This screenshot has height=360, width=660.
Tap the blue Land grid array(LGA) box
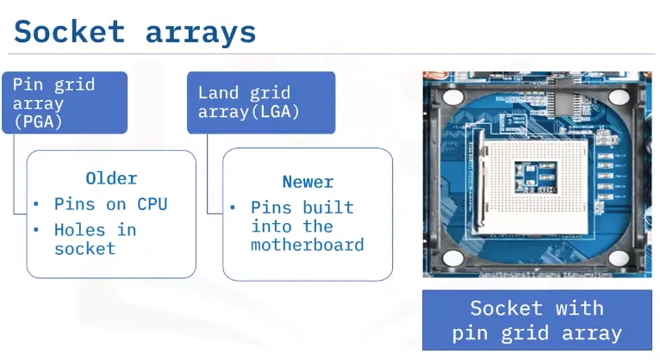click(248, 102)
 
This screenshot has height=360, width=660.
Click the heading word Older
click(111, 178)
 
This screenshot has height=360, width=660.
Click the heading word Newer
click(308, 182)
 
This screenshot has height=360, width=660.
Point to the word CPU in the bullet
click(152, 204)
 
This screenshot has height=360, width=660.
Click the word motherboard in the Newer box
click(308, 245)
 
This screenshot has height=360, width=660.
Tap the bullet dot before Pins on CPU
click(36, 205)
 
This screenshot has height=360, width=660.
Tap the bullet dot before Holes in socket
click(36, 230)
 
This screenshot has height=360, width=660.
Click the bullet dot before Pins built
click(233, 208)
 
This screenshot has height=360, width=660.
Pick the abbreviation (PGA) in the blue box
click(38, 121)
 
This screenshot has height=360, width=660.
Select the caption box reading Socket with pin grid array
click(537, 320)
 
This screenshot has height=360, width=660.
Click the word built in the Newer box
click(330, 208)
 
